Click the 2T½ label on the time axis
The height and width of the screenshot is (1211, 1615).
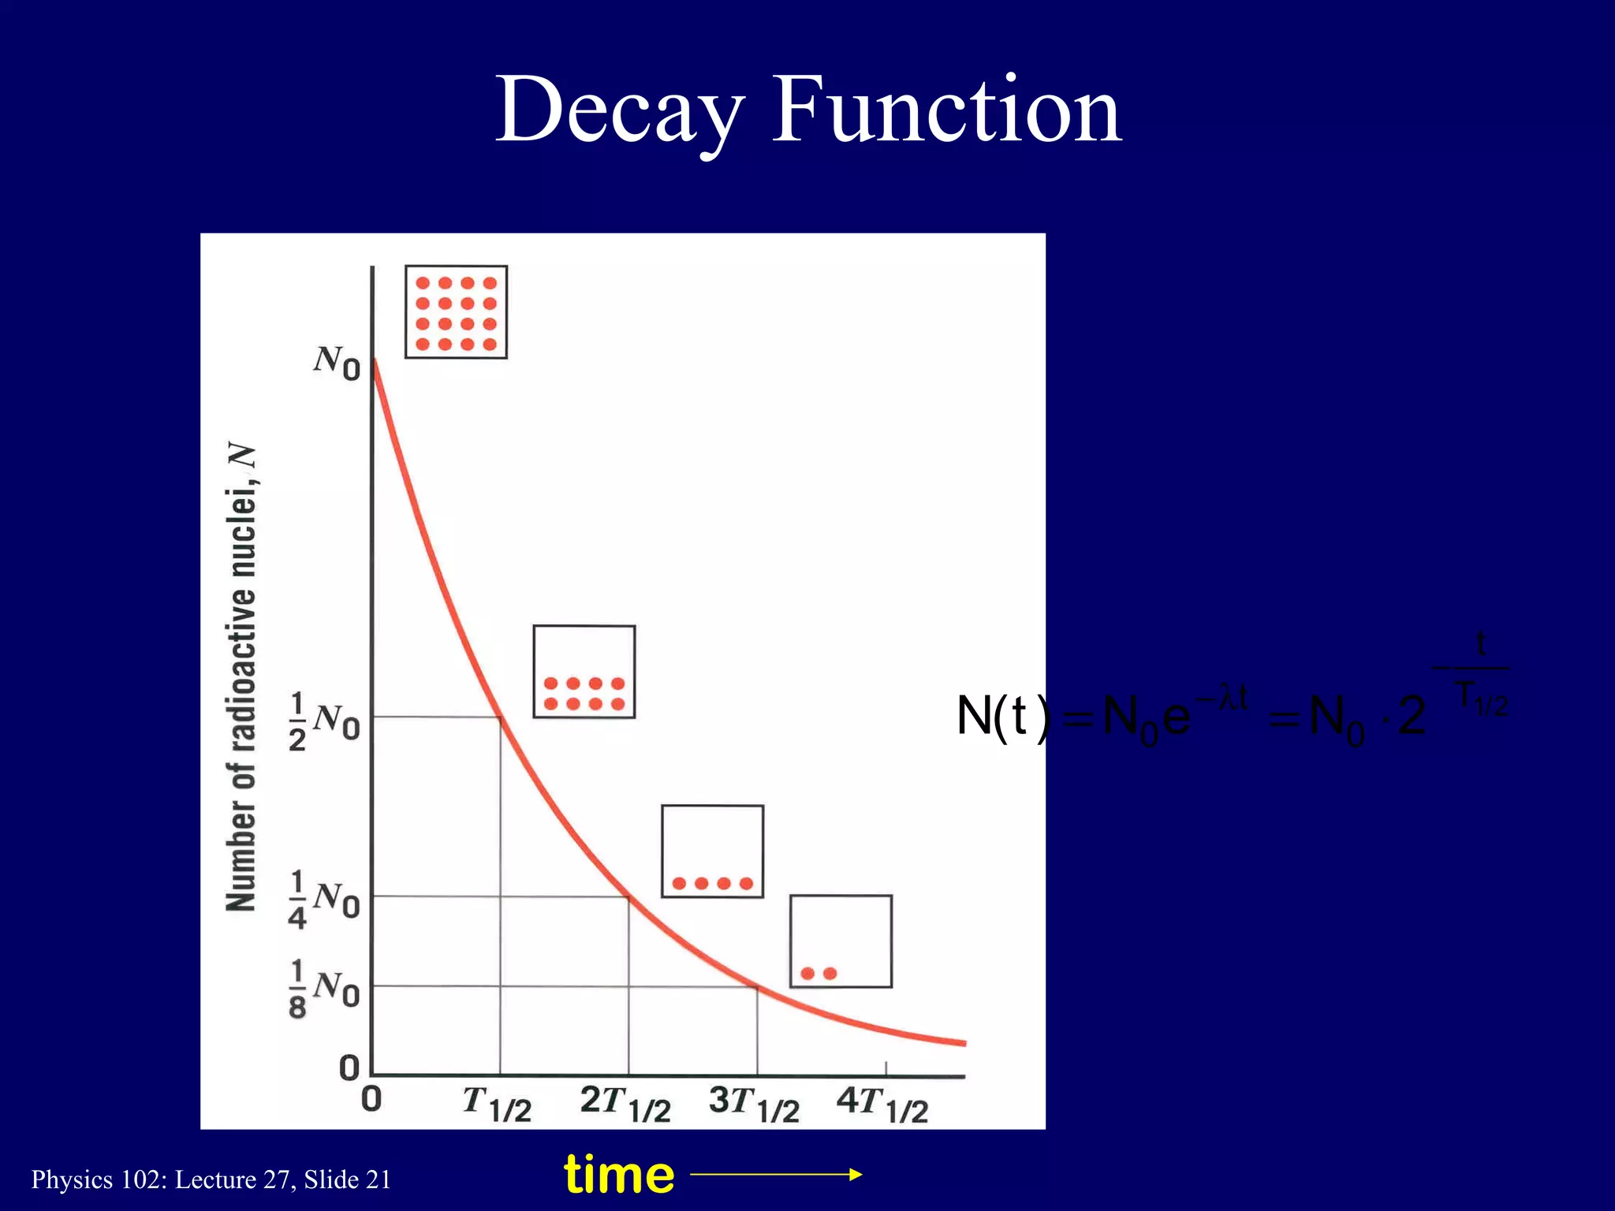625,1103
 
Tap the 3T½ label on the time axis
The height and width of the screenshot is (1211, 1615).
754,1103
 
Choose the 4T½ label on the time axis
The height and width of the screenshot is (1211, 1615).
882,1103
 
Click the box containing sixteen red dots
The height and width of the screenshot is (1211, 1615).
456,312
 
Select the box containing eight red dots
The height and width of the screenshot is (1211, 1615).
584,672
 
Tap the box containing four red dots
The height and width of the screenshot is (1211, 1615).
712,851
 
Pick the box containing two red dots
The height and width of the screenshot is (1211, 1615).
841,941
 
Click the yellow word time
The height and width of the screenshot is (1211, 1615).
619,1175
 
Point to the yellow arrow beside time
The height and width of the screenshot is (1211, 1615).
776,1175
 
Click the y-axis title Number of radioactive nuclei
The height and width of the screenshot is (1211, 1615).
241,678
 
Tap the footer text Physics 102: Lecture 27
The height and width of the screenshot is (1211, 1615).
211,1179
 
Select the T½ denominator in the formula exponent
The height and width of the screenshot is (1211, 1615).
1481,698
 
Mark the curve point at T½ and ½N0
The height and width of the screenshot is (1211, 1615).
501,717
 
